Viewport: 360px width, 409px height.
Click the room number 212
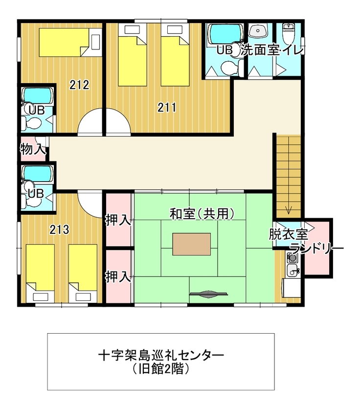[79, 85]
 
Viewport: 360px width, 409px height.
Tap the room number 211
[167, 107]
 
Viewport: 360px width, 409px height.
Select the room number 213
[60, 229]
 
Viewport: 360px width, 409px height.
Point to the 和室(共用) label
[202, 214]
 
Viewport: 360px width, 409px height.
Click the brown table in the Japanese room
[191, 244]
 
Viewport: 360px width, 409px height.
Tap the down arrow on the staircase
[288, 210]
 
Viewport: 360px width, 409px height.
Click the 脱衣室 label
[289, 234]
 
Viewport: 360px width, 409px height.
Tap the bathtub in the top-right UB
[225, 33]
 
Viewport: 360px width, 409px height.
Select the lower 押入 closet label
[118, 276]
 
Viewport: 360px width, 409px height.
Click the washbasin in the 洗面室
[258, 30]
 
